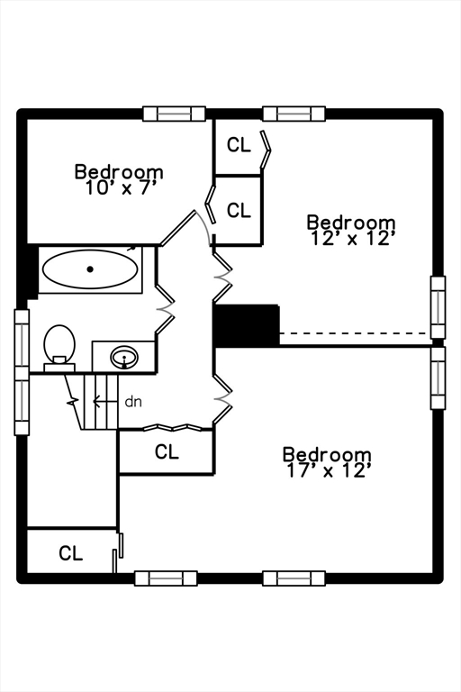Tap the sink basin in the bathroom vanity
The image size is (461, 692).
124,357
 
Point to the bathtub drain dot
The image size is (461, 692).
90,269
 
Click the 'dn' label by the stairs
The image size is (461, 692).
133,402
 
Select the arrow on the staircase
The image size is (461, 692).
106,402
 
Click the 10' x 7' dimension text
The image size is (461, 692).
122,188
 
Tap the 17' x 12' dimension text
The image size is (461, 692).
328,471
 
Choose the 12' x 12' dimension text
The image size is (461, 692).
351,239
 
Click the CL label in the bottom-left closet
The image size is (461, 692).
70,553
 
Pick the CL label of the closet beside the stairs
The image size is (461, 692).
167,451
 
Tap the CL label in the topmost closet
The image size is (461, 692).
239,145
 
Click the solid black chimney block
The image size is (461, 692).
247,325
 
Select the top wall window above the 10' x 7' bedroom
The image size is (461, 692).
175,114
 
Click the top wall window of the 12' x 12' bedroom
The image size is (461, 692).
294,114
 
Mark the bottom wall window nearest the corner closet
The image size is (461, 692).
166,578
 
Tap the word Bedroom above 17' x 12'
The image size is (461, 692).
327,454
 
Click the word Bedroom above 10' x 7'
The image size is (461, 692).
119,172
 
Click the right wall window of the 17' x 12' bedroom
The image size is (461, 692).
438,378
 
